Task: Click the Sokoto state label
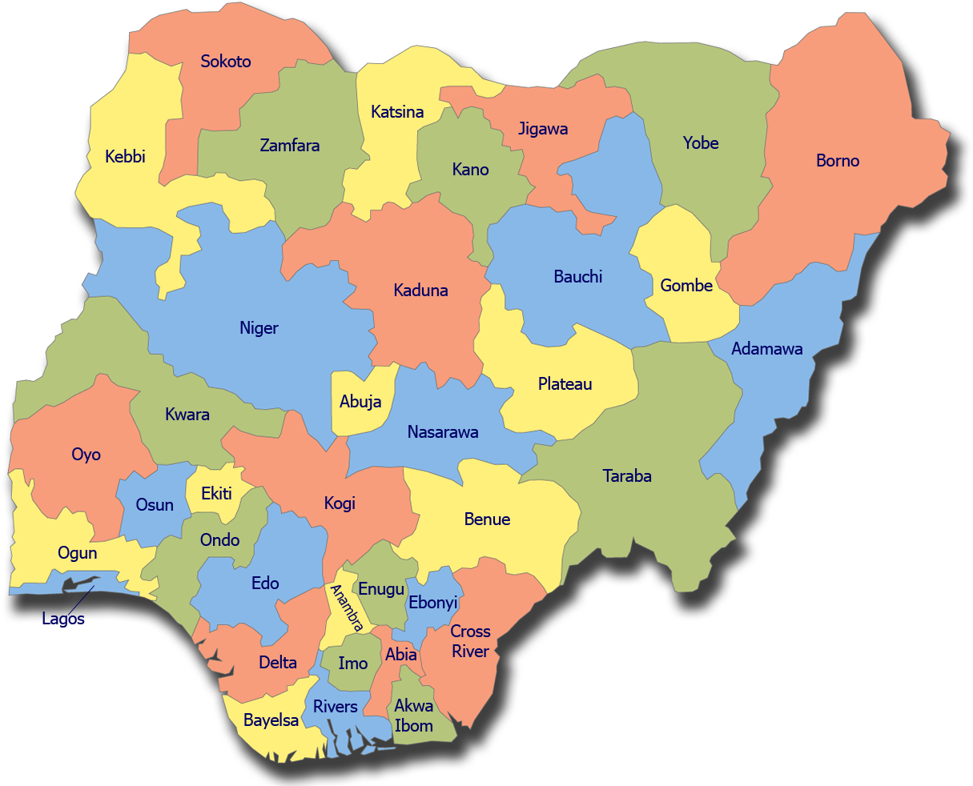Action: (226, 62)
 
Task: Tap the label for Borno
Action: (838, 161)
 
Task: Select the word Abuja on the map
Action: (360, 402)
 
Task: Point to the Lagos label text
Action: (63, 619)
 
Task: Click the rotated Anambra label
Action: (347, 608)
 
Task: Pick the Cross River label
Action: (470, 641)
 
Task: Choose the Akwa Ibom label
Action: (414, 716)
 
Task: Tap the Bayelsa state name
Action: (271, 720)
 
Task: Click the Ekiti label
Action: (216, 494)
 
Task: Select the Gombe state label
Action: (686, 286)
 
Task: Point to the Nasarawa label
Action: (443, 432)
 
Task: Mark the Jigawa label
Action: (543, 129)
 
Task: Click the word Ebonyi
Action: (433, 603)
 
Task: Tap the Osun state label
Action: (155, 505)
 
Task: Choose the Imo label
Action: (353, 663)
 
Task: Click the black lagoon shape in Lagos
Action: (80, 584)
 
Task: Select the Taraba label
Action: (627, 476)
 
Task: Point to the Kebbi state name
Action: (126, 157)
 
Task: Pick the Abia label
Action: (401, 655)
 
